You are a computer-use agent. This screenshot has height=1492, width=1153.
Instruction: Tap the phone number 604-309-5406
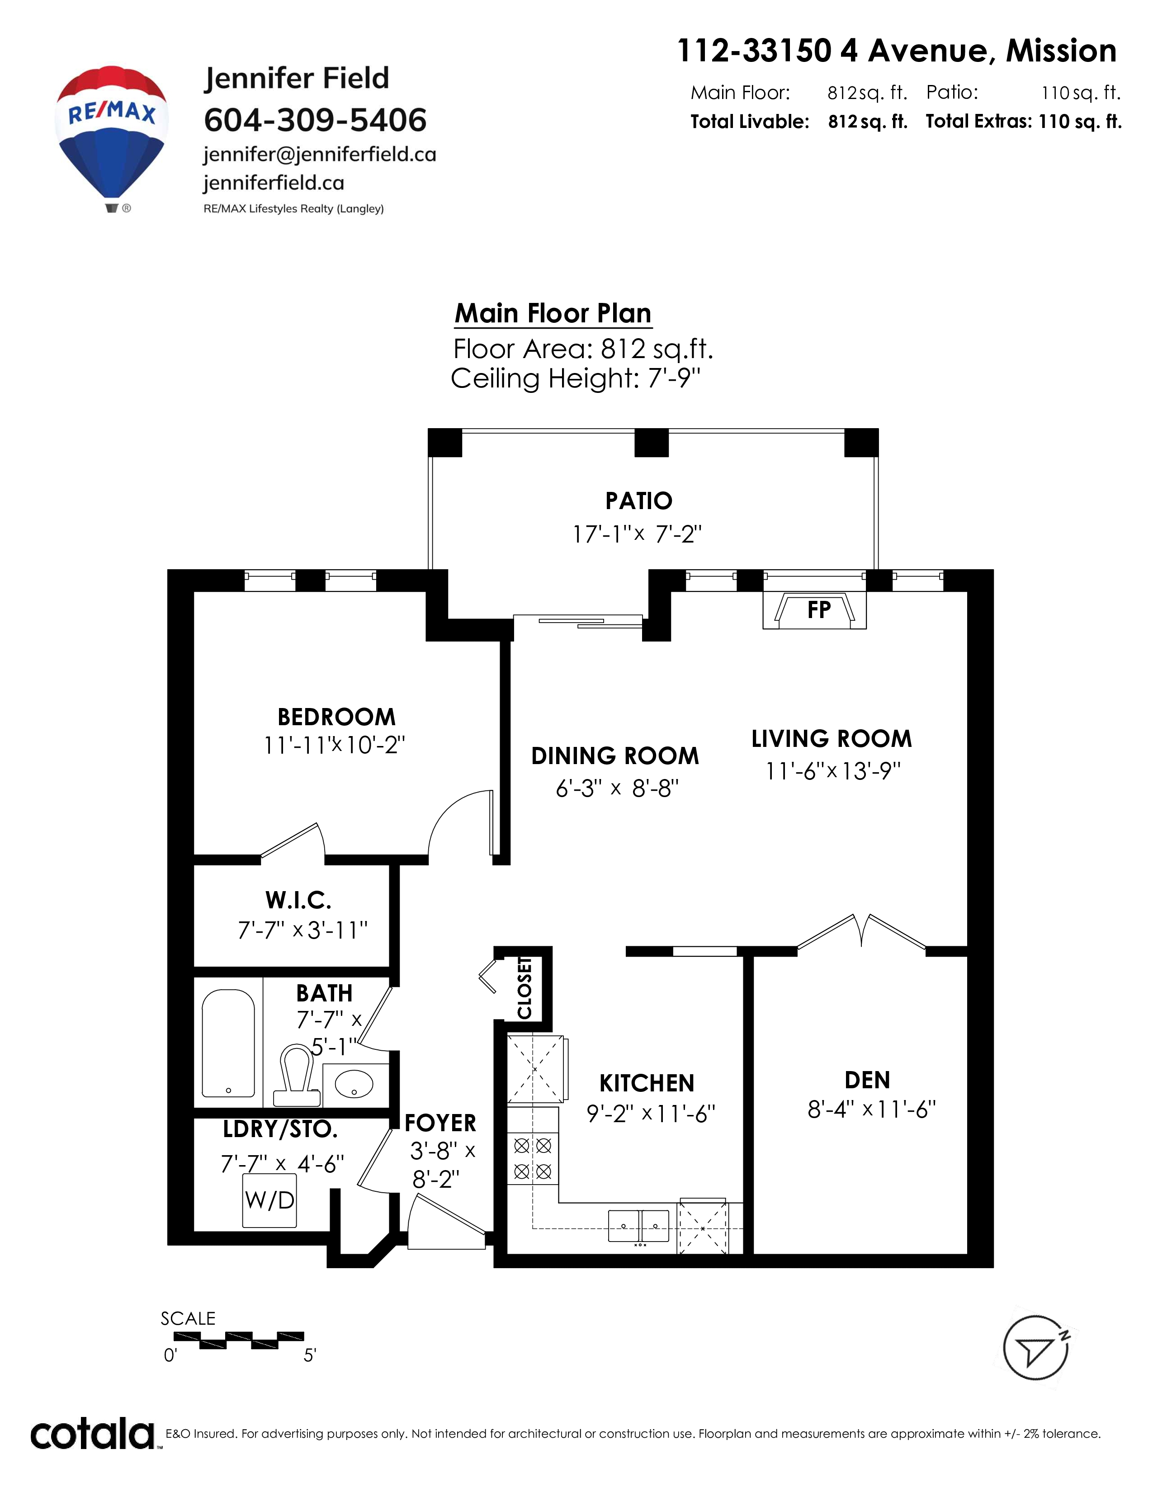(x=315, y=120)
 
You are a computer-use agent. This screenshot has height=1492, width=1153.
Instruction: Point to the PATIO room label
(x=638, y=501)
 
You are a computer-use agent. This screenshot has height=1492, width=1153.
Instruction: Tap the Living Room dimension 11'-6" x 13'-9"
(x=832, y=771)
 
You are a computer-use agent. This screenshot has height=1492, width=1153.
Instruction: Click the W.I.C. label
(x=298, y=900)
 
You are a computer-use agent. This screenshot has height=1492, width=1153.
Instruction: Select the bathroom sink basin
(x=354, y=1083)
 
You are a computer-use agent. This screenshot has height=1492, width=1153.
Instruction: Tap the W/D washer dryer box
(x=270, y=1200)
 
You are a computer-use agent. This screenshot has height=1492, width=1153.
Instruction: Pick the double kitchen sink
(x=638, y=1226)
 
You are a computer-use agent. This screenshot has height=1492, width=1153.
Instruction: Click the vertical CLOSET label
(x=525, y=987)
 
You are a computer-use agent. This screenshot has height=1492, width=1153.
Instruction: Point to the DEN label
(x=868, y=1080)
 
